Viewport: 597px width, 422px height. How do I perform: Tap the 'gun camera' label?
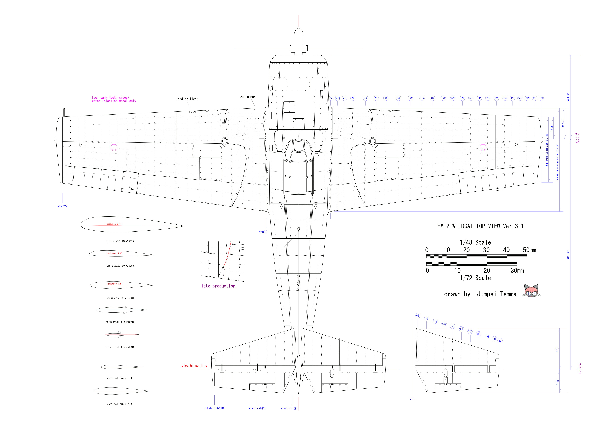tap(249, 97)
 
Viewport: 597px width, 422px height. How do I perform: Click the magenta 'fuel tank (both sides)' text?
tap(110, 98)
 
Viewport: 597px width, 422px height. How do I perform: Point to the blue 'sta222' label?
tap(62, 206)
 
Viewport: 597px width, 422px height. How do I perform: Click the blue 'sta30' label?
tap(263, 232)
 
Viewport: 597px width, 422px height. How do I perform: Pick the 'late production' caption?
tap(218, 286)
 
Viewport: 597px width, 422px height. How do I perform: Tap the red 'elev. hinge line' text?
tap(194, 366)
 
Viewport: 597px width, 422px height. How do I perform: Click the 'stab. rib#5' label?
tap(257, 408)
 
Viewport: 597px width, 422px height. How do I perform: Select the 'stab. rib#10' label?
tap(214, 408)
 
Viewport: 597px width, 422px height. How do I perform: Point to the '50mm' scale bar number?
tap(529, 250)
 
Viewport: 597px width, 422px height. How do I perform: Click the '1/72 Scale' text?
tap(475, 278)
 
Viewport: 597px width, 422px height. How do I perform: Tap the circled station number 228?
tap(541, 98)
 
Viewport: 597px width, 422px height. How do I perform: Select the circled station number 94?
tap(398, 98)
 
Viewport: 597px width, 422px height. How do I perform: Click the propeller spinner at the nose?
tap(299, 36)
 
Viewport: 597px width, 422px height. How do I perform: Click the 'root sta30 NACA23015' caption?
tap(120, 241)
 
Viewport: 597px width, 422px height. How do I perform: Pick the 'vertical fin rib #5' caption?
tap(120, 378)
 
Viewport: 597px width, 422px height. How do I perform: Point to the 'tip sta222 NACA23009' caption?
tap(120, 266)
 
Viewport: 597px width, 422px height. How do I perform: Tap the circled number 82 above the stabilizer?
tap(500, 341)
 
